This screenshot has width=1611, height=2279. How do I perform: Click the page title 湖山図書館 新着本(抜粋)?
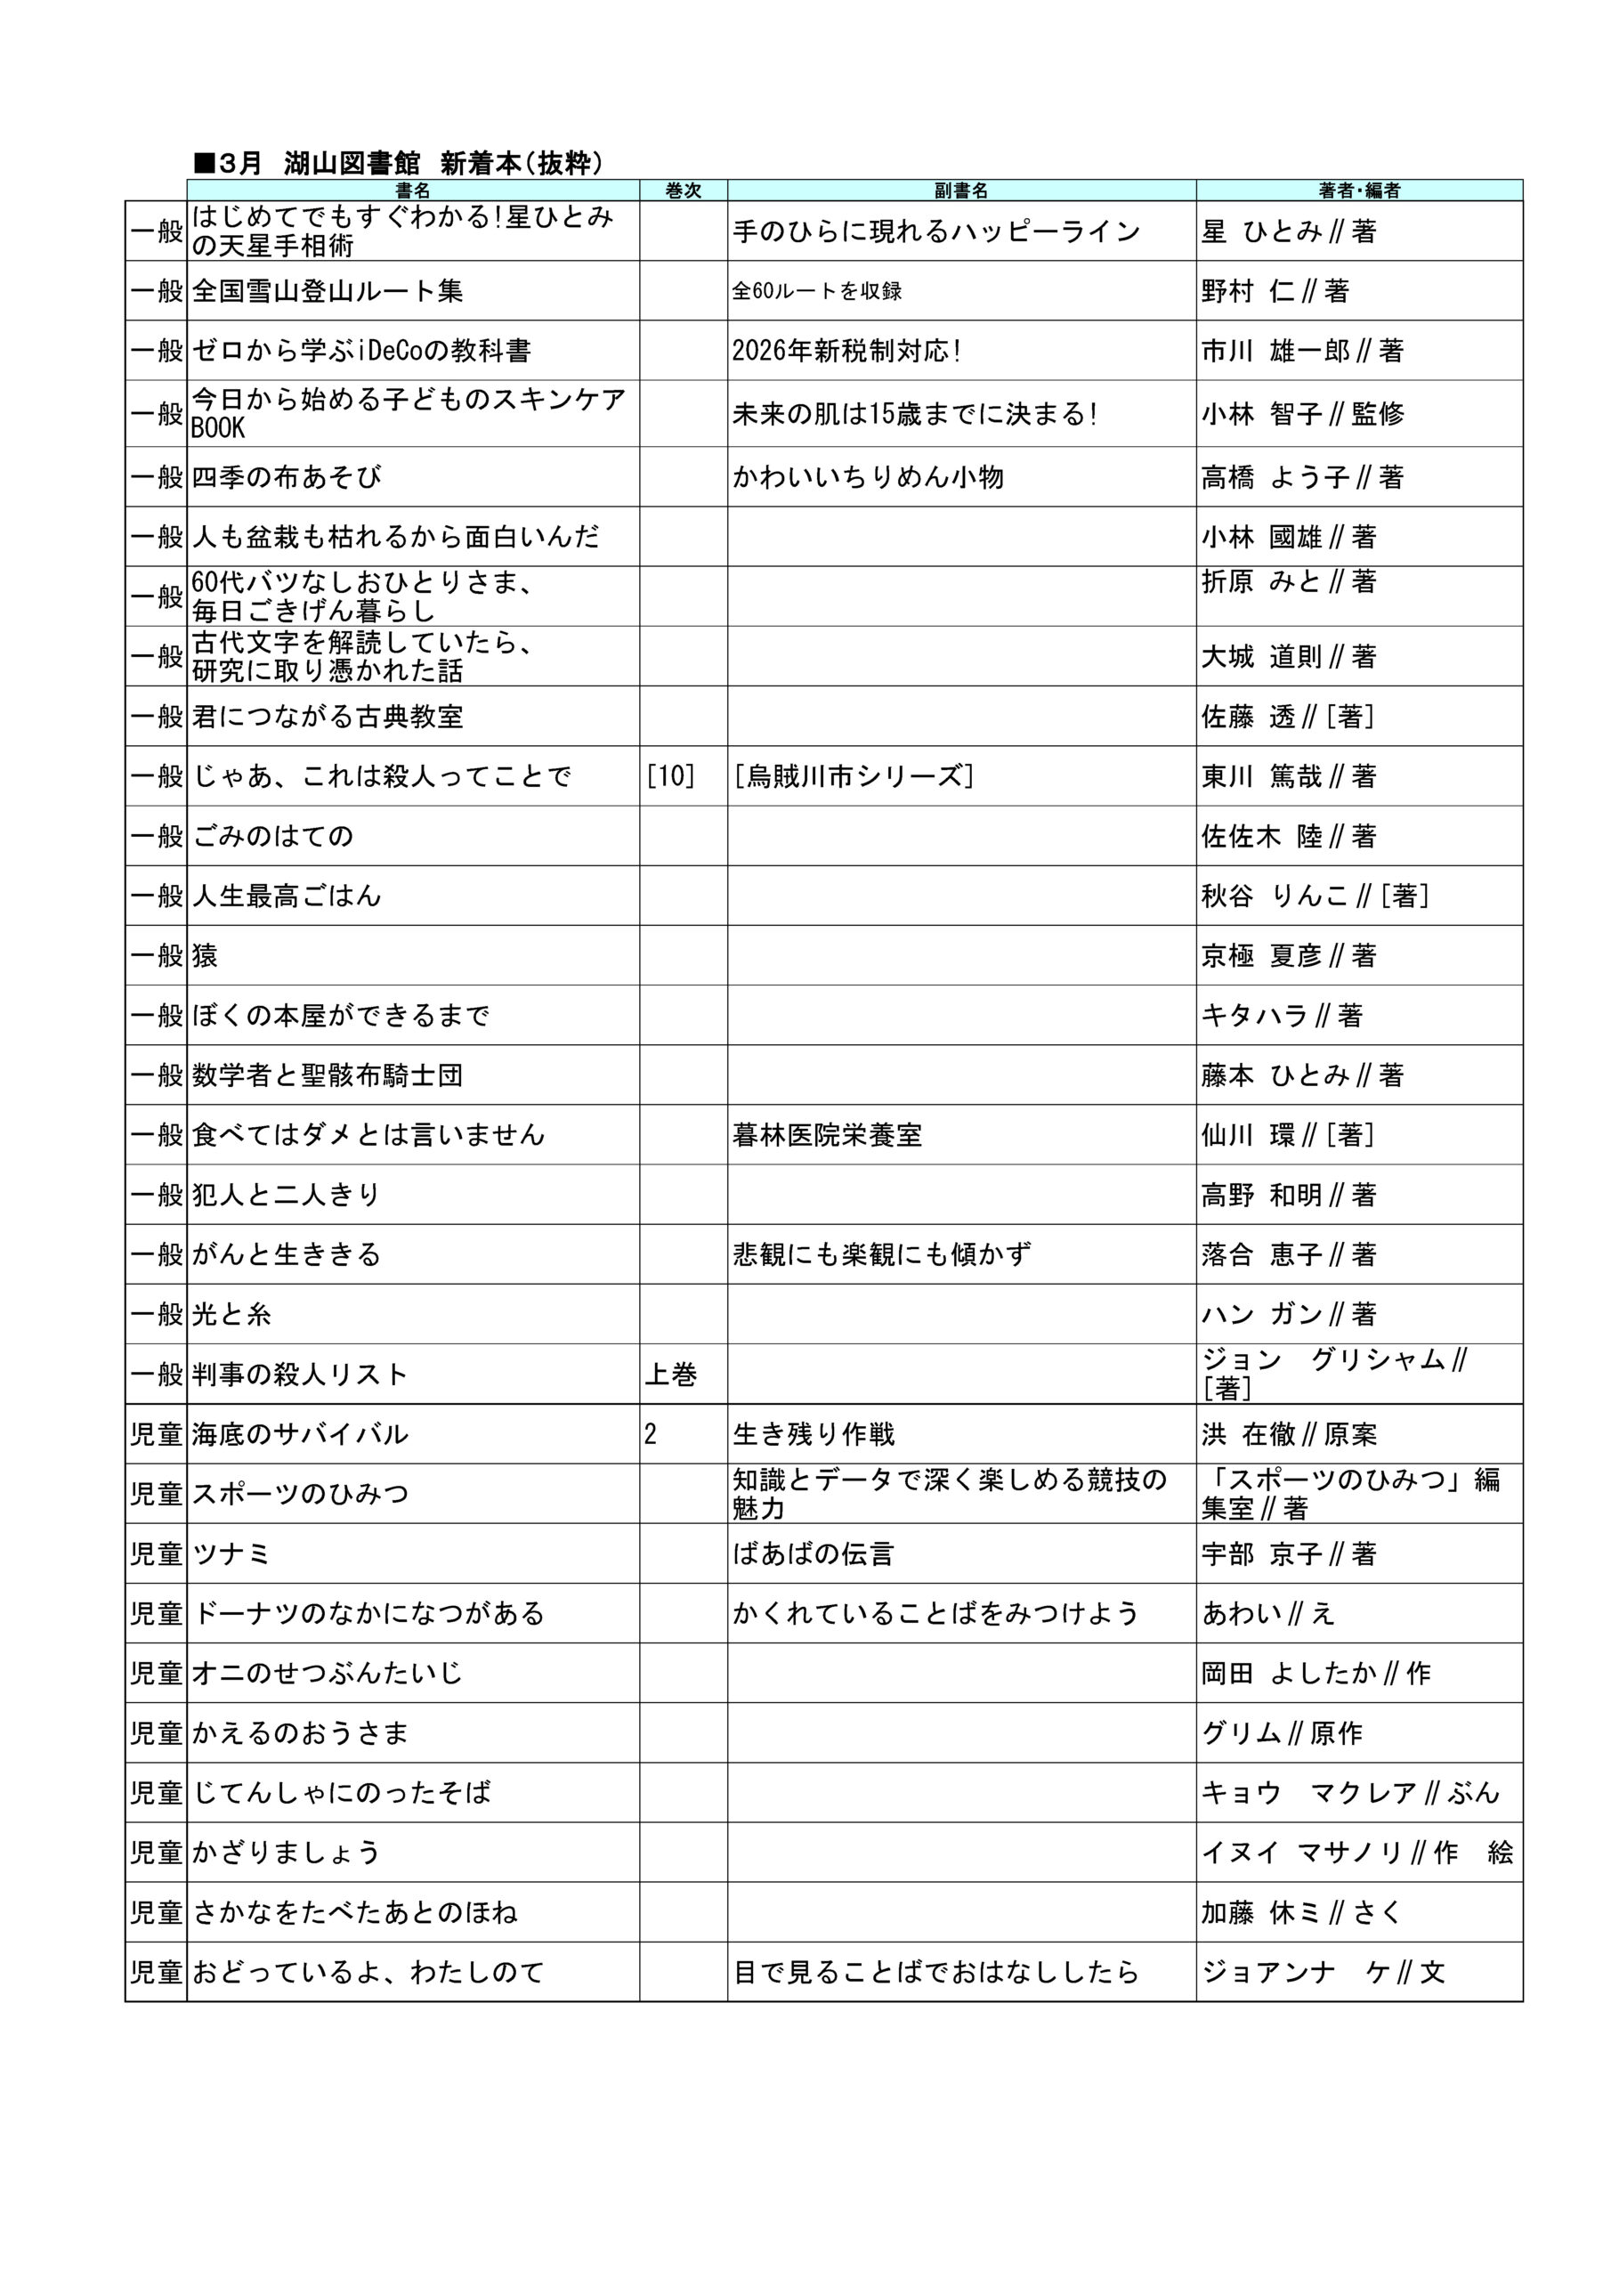point(397,163)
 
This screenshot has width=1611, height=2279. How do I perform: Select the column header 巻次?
point(683,191)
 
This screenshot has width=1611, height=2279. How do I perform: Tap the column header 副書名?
point(961,191)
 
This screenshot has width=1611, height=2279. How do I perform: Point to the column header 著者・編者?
point(1359,191)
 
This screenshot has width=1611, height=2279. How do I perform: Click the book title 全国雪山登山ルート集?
point(328,291)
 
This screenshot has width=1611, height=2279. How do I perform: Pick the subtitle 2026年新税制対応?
point(846,351)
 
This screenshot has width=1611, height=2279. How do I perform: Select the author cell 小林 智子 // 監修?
point(1302,414)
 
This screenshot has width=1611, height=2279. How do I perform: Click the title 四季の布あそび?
point(287,477)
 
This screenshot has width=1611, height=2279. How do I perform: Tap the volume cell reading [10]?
point(670,776)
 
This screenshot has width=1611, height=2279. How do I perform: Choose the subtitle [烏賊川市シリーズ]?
point(854,776)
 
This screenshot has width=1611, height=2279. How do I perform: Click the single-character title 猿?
point(205,956)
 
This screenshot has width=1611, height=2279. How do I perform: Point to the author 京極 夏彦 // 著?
point(1289,956)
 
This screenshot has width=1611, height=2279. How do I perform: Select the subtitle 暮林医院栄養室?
point(827,1134)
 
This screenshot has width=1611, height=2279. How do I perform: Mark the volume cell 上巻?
point(671,1375)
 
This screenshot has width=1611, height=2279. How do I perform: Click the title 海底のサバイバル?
point(300,1434)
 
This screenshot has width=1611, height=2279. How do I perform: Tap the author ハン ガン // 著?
point(1289,1314)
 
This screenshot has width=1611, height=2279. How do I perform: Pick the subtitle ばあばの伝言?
point(813,1554)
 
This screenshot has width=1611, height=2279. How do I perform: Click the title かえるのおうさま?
point(300,1733)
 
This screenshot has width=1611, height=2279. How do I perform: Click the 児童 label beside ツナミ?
point(156,1554)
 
